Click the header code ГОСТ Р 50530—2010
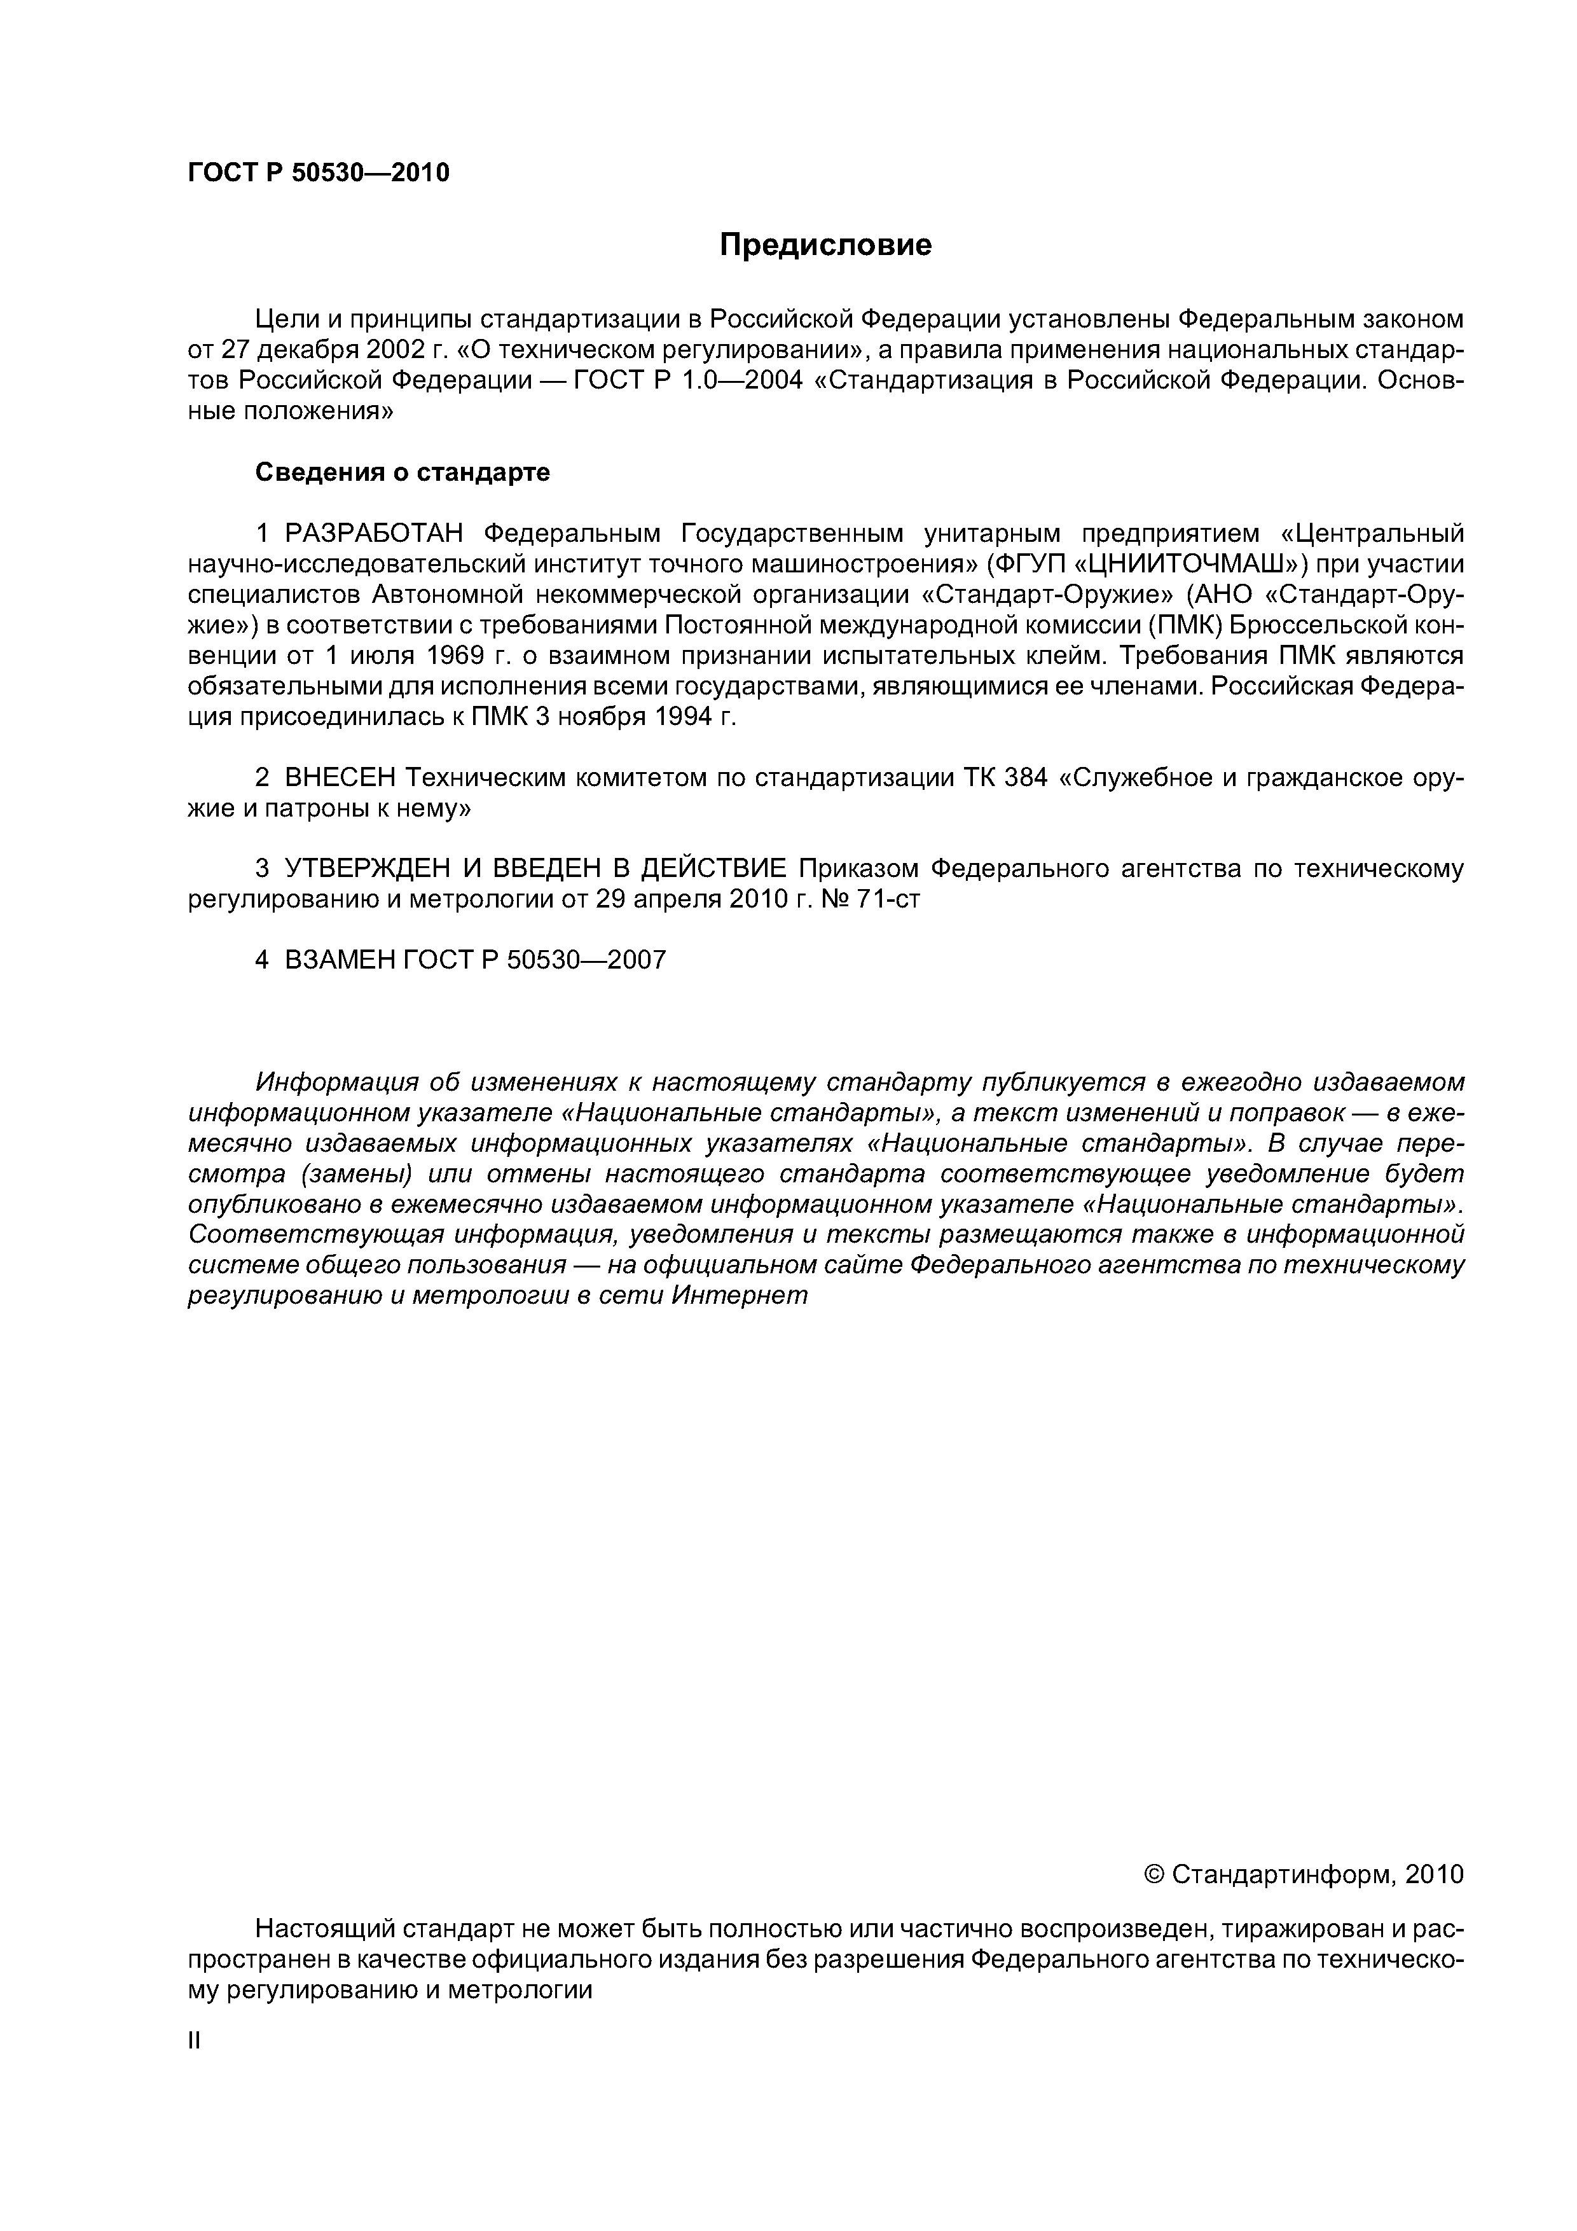(319, 173)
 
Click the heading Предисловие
(825, 245)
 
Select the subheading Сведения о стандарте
(403, 473)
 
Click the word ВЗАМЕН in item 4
(340, 960)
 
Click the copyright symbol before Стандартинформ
(1154, 1874)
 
